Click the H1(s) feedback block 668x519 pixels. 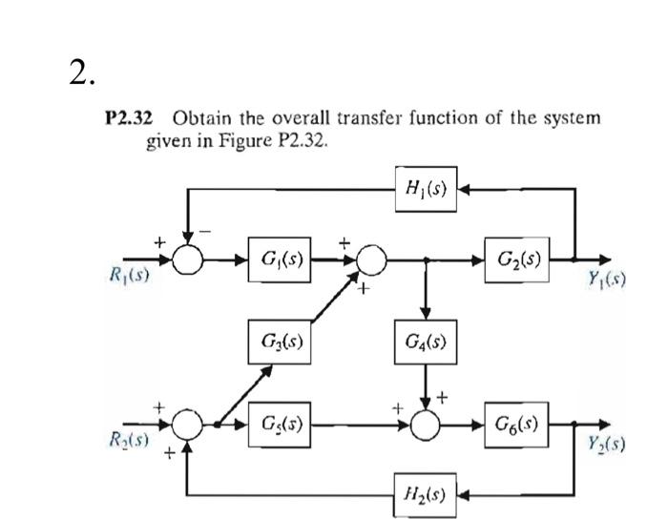point(426,189)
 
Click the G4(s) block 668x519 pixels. point(426,341)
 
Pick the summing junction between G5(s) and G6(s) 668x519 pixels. point(426,424)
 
